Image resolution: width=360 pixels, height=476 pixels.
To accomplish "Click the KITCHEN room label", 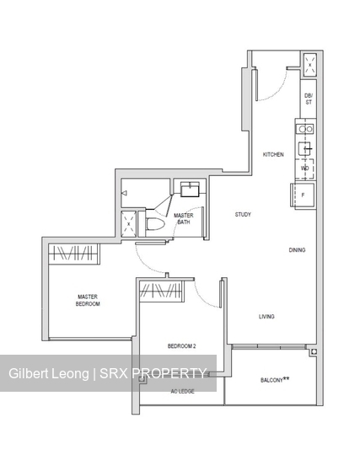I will [273, 155].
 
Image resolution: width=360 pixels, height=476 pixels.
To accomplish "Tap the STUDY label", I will [243, 215].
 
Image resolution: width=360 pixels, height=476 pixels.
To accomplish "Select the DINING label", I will [297, 250].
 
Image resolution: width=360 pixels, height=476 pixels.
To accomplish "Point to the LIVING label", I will [266, 317].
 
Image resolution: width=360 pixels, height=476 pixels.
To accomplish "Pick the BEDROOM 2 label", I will [181, 347].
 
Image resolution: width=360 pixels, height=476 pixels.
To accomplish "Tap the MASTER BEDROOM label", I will [88, 300].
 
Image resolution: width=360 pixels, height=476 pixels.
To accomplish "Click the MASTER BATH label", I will [183, 219].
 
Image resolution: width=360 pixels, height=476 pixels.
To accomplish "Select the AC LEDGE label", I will [182, 392].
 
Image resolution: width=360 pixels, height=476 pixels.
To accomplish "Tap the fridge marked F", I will [304, 195].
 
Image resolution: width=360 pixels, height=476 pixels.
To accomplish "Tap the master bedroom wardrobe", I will [73, 254].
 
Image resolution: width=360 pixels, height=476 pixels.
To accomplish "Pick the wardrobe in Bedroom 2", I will [160, 291].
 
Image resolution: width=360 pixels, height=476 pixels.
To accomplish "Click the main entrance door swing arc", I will [274, 84].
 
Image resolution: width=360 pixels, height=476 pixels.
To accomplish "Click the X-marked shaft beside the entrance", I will [309, 63].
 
